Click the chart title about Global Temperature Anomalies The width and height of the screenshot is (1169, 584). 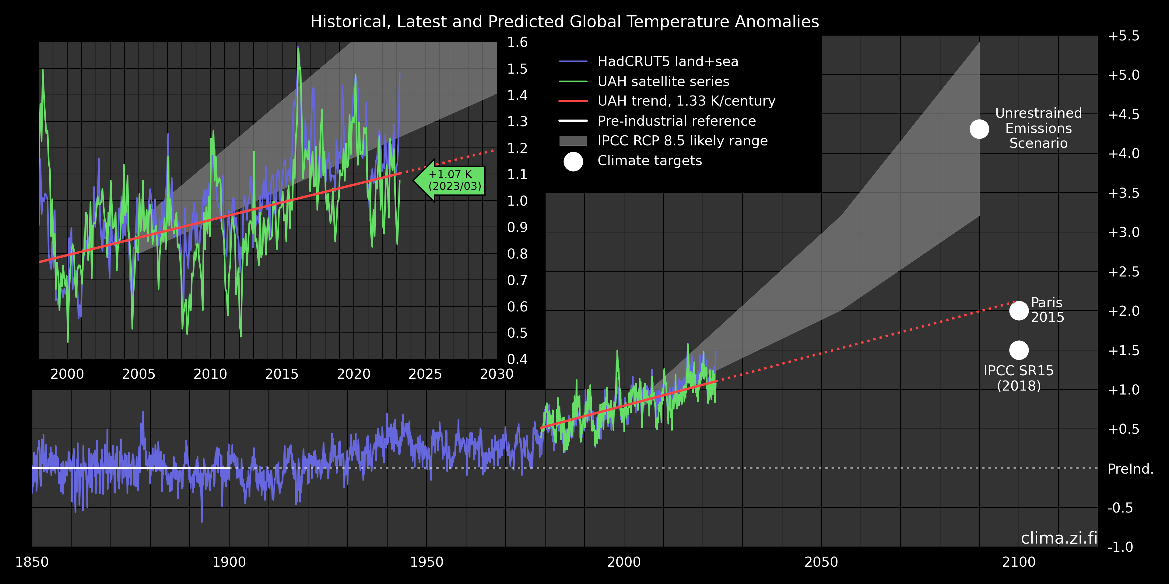564,21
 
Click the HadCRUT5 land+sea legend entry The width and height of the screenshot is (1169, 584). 668,61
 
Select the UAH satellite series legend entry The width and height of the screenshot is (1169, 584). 663,81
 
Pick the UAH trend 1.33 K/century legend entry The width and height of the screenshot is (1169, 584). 686,101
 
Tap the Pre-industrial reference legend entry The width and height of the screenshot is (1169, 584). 676,121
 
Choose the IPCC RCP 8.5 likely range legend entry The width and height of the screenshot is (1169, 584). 682,141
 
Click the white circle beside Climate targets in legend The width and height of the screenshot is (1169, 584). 573,162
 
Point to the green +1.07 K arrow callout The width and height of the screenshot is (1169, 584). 450,180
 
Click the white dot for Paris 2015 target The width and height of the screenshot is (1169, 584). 1019,311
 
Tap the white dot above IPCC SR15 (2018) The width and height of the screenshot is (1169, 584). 1019,350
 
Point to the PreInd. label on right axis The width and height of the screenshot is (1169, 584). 1130,468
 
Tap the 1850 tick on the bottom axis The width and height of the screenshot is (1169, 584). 32,562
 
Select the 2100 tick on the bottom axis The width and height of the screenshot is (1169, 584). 1019,562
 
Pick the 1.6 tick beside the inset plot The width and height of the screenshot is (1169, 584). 517,42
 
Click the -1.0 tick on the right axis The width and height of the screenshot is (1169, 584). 1120,547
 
